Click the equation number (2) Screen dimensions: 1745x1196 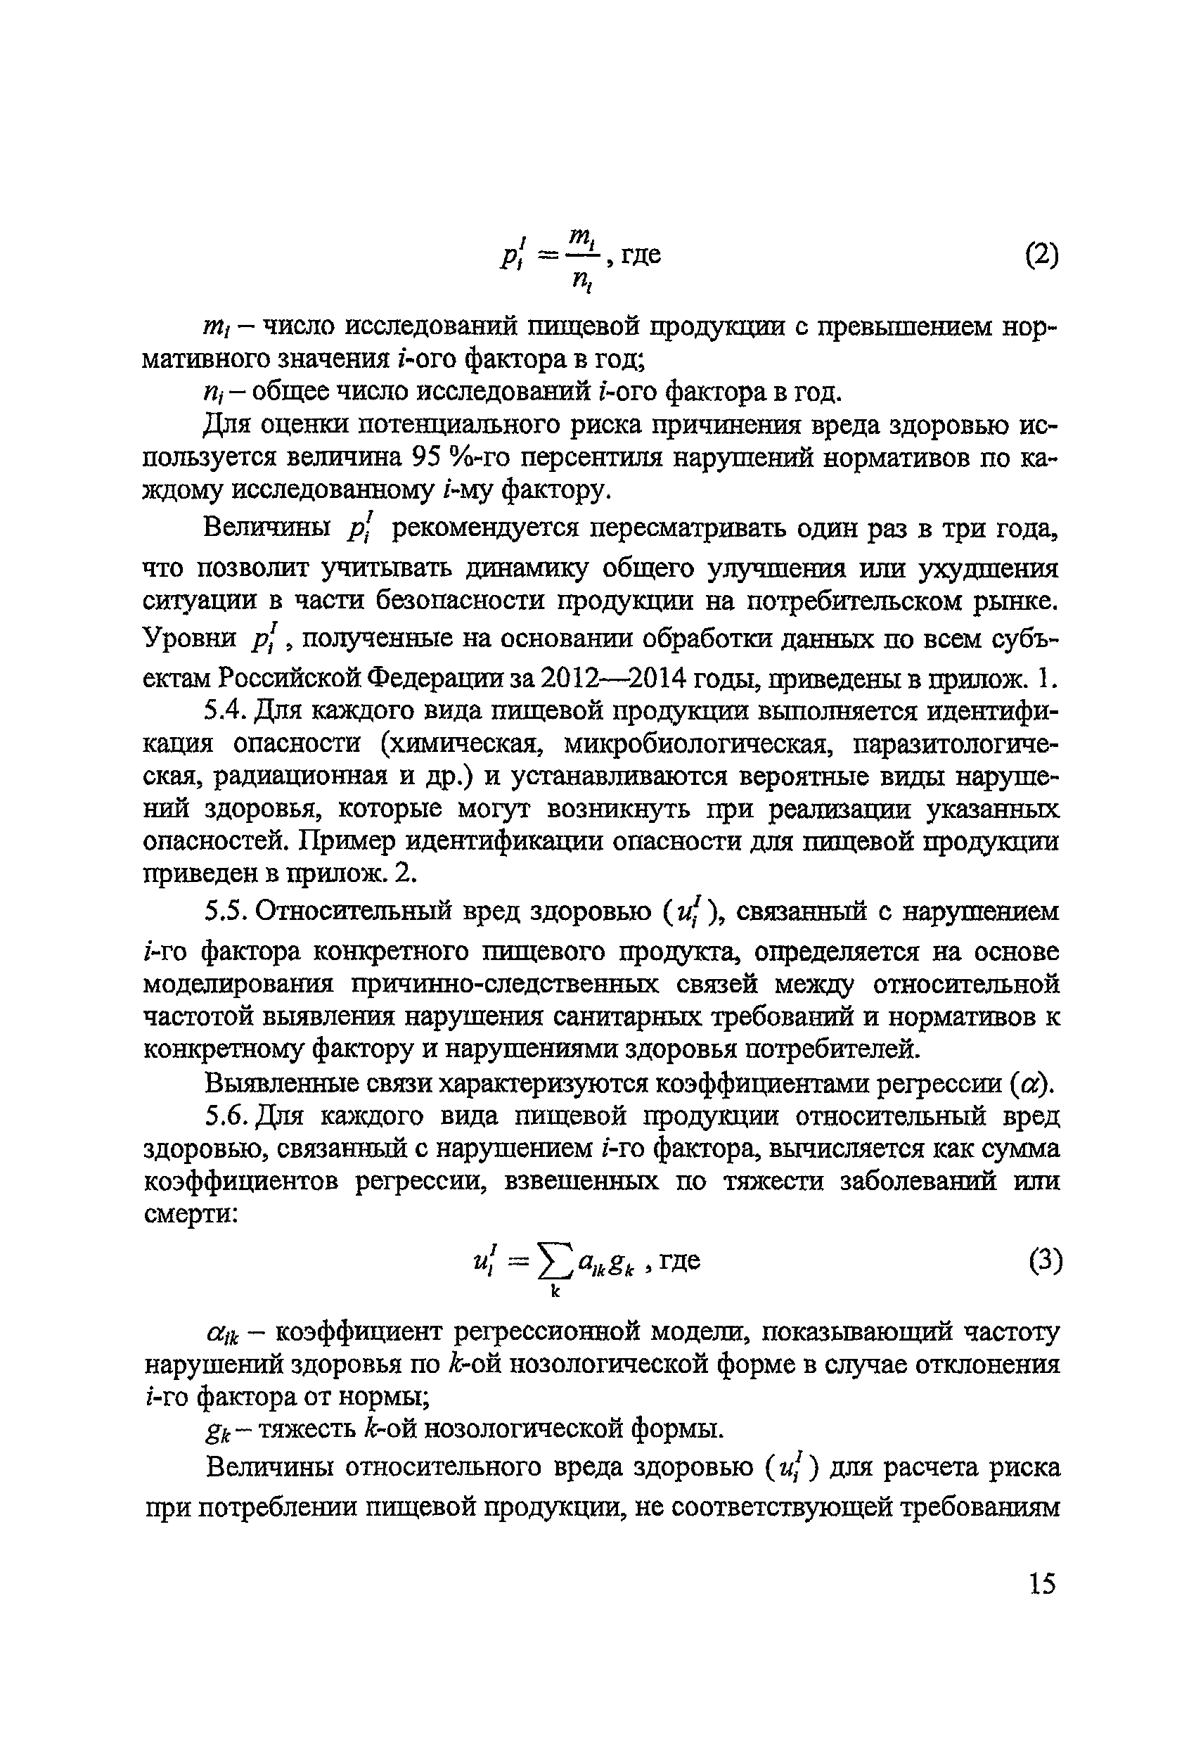coord(1041,257)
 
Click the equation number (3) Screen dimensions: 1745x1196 coord(1044,1260)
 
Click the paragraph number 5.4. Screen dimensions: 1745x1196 coord(226,710)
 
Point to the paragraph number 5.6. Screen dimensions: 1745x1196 coord(226,1116)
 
